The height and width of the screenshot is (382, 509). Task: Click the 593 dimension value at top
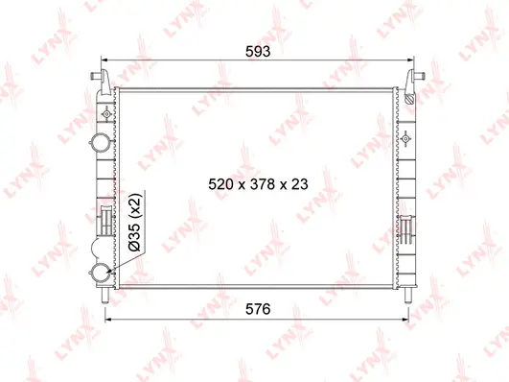tap(256, 54)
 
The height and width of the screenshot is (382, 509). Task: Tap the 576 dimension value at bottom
tap(256, 308)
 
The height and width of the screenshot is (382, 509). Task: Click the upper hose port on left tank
tap(102, 144)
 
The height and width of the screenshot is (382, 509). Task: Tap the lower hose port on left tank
tap(102, 273)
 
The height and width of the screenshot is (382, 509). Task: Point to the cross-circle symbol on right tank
tap(408, 139)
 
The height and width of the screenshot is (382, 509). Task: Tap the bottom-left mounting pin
tap(104, 292)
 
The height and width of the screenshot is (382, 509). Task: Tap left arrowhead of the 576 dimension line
tap(107, 321)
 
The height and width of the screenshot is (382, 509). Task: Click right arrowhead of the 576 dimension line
tap(407, 321)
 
